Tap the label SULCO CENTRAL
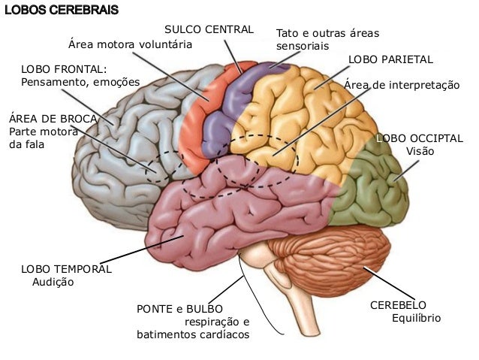(x=209, y=29)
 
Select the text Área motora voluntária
(x=131, y=44)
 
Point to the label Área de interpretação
(x=401, y=86)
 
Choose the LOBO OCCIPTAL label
(x=420, y=138)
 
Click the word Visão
(x=420, y=151)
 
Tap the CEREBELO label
(x=398, y=305)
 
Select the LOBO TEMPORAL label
(x=66, y=268)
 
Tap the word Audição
(x=54, y=282)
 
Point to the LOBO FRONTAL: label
(x=64, y=68)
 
